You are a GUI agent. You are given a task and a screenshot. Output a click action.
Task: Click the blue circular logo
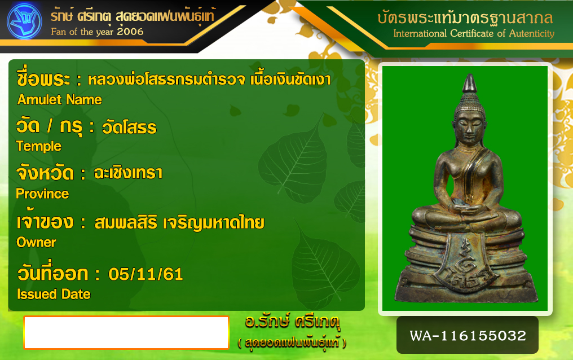pos(24,21)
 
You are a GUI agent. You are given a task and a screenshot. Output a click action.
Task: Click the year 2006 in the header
pos(130,32)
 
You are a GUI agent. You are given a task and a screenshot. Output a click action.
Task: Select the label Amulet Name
pos(60,100)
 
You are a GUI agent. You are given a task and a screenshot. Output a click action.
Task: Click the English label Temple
pos(39,147)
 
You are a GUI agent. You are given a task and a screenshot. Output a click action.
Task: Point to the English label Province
pos(42,194)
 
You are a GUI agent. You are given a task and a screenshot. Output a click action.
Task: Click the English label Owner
pos(36,242)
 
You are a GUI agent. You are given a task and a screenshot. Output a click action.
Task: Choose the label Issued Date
pos(54,294)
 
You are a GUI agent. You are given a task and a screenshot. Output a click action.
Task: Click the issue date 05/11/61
pos(146,274)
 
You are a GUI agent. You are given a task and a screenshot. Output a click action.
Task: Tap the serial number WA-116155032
pos(468,336)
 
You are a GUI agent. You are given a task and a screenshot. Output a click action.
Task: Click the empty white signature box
pos(126,332)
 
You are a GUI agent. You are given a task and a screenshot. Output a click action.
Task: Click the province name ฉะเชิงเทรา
pos(128,173)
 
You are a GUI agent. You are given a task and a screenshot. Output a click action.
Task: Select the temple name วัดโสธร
pos(129,128)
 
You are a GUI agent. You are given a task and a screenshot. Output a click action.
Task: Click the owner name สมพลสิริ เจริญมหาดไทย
pos(179,222)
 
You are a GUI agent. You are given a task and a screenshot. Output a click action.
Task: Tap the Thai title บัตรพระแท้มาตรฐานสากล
pos(465,17)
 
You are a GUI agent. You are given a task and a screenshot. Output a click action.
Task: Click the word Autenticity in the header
pos(532,34)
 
